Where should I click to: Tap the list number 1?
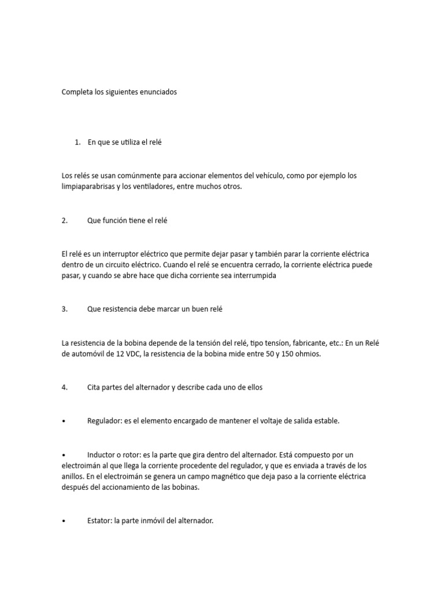(x=77, y=142)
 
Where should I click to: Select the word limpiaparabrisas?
(x=89, y=187)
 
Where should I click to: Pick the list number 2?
(x=64, y=220)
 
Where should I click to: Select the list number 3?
(x=64, y=309)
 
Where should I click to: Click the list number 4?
(x=64, y=387)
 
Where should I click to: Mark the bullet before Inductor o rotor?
(x=62, y=454)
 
